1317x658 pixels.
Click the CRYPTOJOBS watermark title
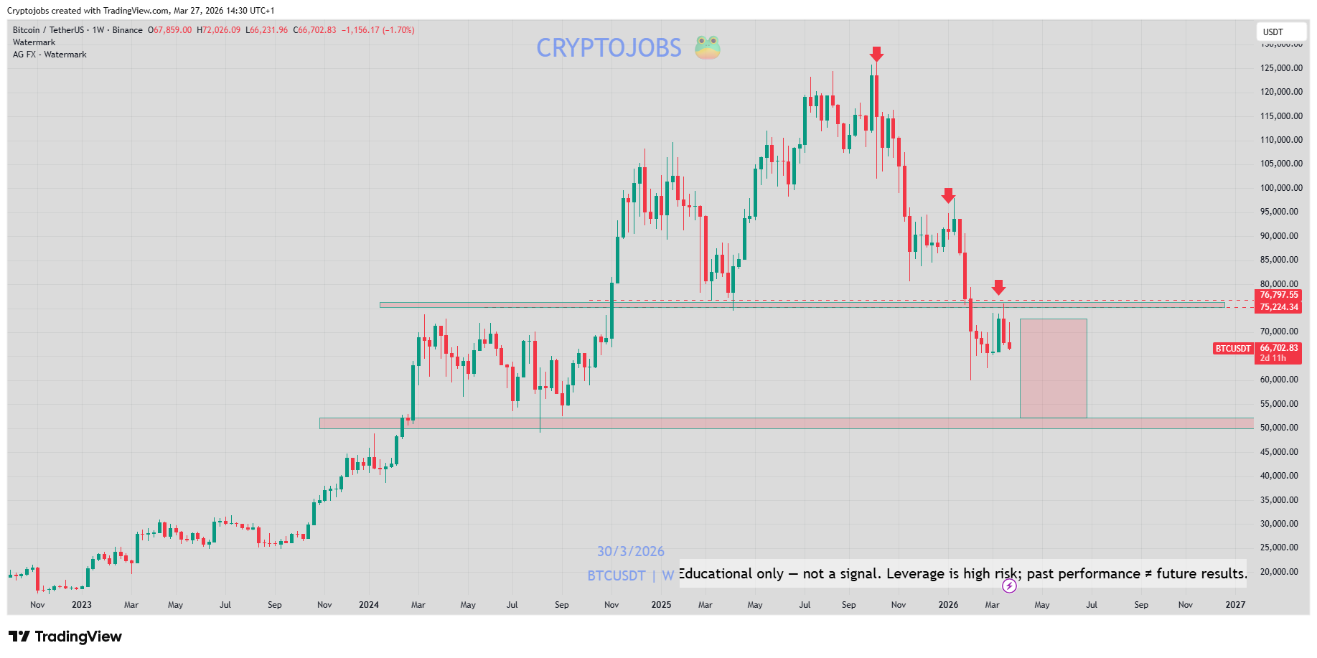[x=609, y=48]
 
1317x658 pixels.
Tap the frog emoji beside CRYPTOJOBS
[x=707, y=47]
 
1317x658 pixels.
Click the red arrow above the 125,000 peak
[x=876, y=55]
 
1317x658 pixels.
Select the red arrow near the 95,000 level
[x=948, y=195]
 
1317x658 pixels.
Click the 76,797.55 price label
[x=1279, y=295]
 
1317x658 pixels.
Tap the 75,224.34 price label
[x=1279, y=307]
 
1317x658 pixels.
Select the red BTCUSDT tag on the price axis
[x=1232, y=349]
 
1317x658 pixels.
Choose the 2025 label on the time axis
[x=661, y=605]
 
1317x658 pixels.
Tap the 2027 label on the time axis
[x=1235, y=605]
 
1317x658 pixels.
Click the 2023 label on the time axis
[x=82, y=605]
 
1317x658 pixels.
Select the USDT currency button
[x=1273, y=32]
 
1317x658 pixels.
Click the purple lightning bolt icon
[x=1009, y=586]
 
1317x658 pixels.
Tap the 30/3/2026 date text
[x=631, y=551]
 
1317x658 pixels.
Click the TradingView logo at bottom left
[x=65, y=636]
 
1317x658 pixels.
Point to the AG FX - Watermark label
[x=50, y=55]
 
